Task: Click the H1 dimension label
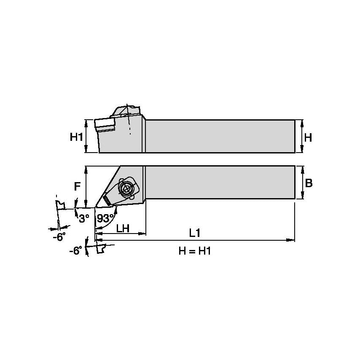point(76,137)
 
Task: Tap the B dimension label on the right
point(309,183)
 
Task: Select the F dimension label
point(77,186)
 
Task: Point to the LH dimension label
point(123,228)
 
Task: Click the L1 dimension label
point(194,233)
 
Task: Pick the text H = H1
point(194,251)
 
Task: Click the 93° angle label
point(105,218)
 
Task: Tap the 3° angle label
point(84,218)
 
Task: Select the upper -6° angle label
point(59,237)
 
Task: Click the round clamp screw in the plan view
point(126,189)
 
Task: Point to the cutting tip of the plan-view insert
point(96,207)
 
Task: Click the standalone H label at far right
point(308,137)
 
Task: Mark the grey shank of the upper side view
point(219,136)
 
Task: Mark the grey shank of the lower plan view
point(219,182)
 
